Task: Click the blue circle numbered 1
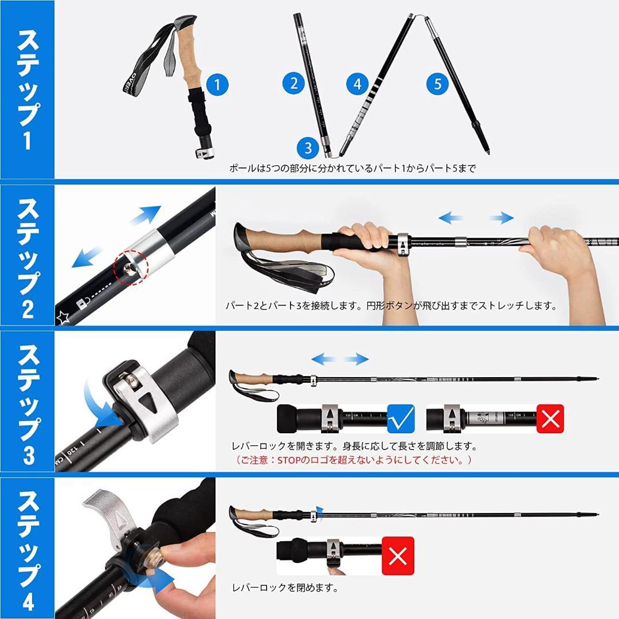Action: pyautogui.click(x=217, y=85)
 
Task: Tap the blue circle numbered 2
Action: pyautogui.click(x=294, y=84)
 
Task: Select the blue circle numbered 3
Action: pyautogui.click(x=308, y=148)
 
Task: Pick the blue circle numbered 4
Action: pyautogui.click(x=357, y=84)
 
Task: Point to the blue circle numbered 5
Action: pyautogui.click(x=437, y=84)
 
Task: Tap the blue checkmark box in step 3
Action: pyautogui.click(x=401, y=418)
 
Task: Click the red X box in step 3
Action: pyautogui.click(x=550, y=418)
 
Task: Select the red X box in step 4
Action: pyautogui.click(x=398, y=555)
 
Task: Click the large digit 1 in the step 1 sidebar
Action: pyautogui.click(x=27, y=140)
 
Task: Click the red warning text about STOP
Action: pyautogui.click(x=353, y=460)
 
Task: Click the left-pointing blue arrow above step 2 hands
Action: pyautogui.click(x=451, y=218)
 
